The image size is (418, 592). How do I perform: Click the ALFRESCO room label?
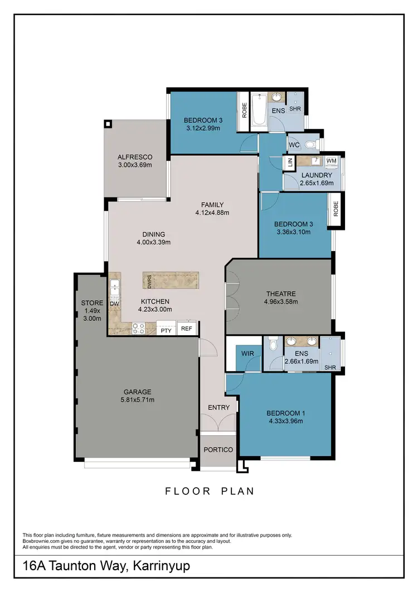pyautogui.click(x=135, y=157)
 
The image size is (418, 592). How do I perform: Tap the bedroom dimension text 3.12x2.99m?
pyautogui.click(x=203, y=128)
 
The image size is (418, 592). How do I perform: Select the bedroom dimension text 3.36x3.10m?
pyautogui.click(x=294, y=233)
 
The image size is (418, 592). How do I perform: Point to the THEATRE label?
pyautogui.click(x=281, y=294)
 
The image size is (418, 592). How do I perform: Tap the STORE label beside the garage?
pyautogui.click(x=92, y=303)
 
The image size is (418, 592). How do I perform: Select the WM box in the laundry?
pyautogui.click(x=331, y=161)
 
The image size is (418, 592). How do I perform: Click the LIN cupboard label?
pyautogui.click(x=289, y=163)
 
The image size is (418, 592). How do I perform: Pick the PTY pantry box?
pyautogui.click(x=166, y=330)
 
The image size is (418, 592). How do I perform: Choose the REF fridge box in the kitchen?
pyautogui.click(x=187, y=329)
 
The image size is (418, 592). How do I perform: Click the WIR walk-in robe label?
pyautogui.click(x=248, y=353)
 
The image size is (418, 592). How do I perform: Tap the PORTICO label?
pyautogui.click(x=218, y=450)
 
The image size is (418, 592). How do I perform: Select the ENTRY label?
pyautogui.click(x=218, y=407)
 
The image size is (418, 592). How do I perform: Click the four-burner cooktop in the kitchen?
pyautogui.click(x=138, y=329)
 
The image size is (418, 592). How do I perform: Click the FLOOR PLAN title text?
pyautogui.click(x=210, y=491)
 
